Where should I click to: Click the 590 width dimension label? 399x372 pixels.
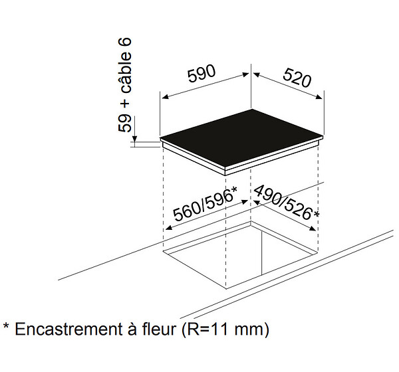[201, 74]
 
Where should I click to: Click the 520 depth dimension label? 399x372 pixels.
[297, 77]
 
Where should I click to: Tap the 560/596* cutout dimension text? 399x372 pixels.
[205, 204]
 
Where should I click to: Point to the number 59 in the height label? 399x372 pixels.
[125, 124]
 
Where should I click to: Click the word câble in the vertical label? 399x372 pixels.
[125, 74]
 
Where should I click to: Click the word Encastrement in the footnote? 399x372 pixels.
[68, 329]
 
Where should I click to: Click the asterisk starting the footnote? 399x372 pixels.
[6, 326]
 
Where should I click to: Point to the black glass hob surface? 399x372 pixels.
[242, 139]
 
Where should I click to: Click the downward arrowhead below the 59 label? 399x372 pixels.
[134, 138]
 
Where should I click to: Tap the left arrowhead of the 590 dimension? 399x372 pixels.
[165, 97]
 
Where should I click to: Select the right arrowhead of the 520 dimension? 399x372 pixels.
[319, 97]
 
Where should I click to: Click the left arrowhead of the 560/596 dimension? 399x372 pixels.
[168, 228]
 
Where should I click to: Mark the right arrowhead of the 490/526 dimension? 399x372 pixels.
[313, 229]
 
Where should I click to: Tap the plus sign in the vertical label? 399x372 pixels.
[125, 104]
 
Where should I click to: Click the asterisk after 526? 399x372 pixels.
[317, 215]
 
